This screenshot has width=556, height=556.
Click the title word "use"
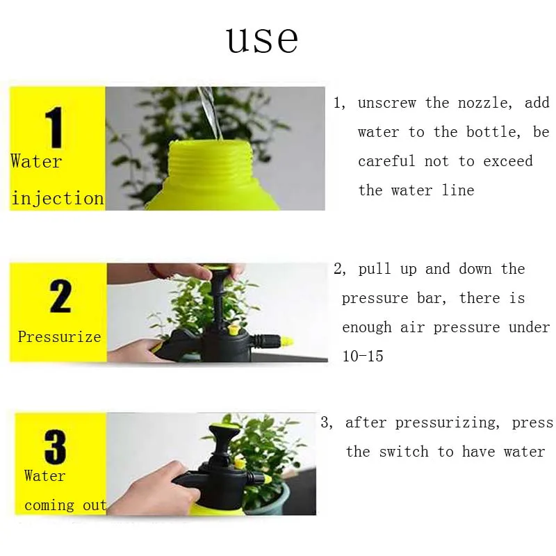(263, 40)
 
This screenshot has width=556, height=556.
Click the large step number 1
(55, 127)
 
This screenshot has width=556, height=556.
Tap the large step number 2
(60, 296)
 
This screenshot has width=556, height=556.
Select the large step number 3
(55, 446)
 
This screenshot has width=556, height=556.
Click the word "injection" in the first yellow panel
(58, 198)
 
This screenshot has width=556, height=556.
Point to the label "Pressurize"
(60, 336)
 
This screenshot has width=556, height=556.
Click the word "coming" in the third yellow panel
(49, 505)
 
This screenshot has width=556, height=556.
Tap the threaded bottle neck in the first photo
(211, 158)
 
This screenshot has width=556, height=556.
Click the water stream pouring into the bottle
(211, 113)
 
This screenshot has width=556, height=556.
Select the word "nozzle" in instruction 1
(485, 103)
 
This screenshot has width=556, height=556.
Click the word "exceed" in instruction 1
(508, 161)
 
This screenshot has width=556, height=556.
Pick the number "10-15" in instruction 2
(363, 356)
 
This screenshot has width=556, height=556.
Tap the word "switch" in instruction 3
(404, 452)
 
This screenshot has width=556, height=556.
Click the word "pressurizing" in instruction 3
(447, 423)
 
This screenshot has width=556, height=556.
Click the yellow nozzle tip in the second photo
(286, 342)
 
